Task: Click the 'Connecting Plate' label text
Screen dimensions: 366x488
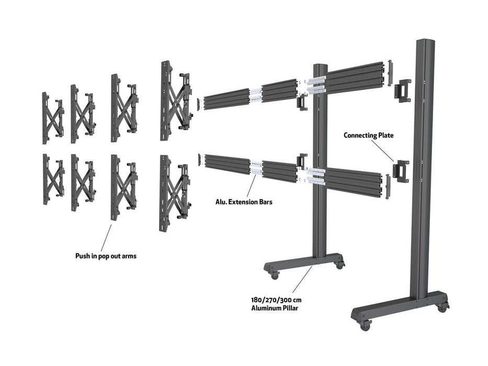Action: coord(369,135)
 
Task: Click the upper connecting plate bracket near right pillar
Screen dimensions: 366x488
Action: coord(404,90)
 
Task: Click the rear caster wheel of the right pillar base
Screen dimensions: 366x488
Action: coord(442,307)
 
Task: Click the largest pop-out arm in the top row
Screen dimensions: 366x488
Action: coord(174,100)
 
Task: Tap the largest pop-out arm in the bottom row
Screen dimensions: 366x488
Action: coord(174,192)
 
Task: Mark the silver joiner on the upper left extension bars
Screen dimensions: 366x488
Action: coord(255,95)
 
